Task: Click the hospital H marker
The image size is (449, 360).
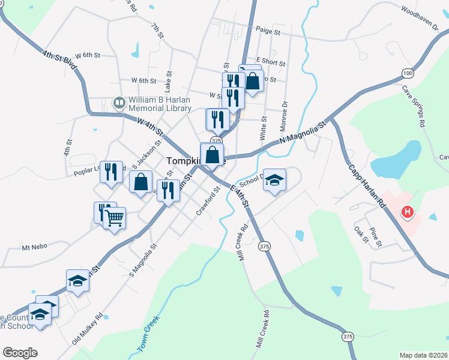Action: [x=408, y=212]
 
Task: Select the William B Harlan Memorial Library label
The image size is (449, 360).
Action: [x=159, y=104]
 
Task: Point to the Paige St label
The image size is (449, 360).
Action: [x=268, y=31]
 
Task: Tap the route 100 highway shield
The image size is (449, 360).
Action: [x=408, y=73]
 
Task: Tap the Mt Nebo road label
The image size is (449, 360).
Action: [x=34, y=247]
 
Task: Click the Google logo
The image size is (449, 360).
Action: [x=20, y=353]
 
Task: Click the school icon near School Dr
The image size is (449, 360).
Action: [x=274, y=180]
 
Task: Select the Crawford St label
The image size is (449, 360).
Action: [x=208, y=202]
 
